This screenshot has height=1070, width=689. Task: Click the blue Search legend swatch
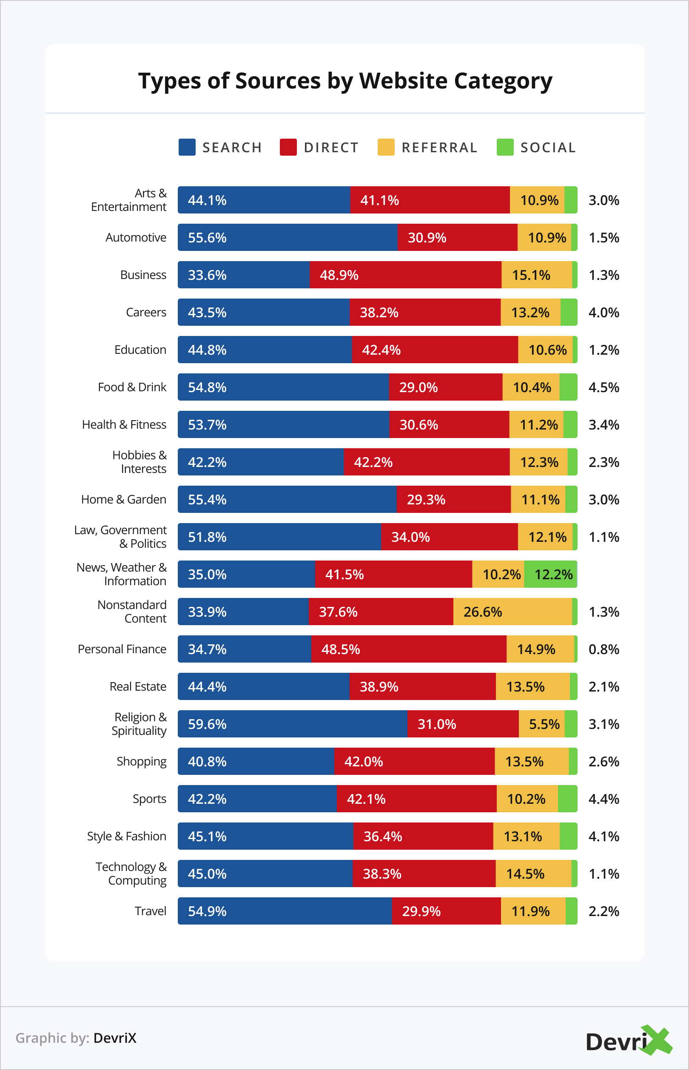click(x=187, y=147)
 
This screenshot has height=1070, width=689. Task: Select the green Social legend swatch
click(x=505, y=147)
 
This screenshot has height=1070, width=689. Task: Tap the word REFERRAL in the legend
click(x=439, y=148)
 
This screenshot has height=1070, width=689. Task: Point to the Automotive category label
click(x=136, y=238)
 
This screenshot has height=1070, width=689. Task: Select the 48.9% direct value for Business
click(x=339, y=275)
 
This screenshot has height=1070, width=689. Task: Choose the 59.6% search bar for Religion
click(x=292, y=724)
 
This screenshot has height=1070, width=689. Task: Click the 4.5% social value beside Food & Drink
click(x=604, y=387)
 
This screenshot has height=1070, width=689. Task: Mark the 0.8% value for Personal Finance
click(x=604, y=649)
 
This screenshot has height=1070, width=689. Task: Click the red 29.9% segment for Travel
click(x=446, y=911)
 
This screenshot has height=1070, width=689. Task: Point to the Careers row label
click(x=146, y=312)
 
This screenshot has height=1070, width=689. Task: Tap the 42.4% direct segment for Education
click(x=434, y=350)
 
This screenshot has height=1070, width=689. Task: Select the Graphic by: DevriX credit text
click(x=76, y=1038)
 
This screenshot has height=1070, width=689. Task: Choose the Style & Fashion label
click(x=127, y=836)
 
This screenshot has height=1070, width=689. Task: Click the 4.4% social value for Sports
click(x=604, y=799)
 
